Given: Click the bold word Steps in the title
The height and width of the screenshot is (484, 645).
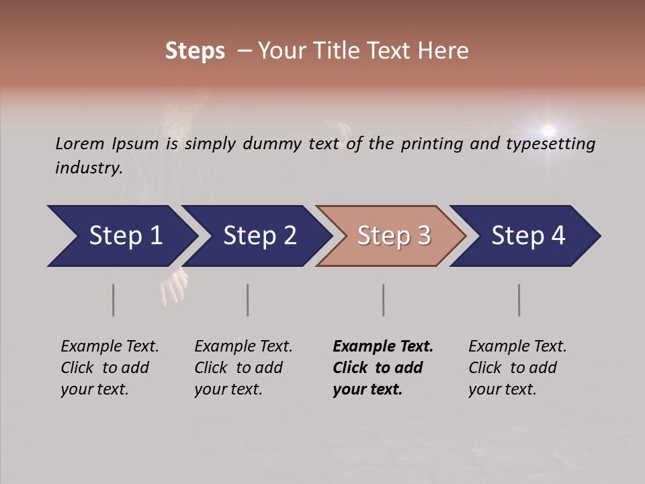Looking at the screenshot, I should point(195,51).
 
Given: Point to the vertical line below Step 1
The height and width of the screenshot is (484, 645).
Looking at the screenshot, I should point(114,300).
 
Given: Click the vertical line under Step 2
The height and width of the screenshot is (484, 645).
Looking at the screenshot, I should point(248,300).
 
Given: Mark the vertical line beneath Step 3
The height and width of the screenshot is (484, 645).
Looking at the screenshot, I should point(384,300).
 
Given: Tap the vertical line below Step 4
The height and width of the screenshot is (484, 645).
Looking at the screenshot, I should point(519,300).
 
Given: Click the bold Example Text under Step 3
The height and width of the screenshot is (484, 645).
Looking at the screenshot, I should point(383,368).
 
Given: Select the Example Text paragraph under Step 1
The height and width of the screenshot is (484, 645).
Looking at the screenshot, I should point(109,368).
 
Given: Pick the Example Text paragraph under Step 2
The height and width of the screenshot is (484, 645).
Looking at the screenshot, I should point(243,368).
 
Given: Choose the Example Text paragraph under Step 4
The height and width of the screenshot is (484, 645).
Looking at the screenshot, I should point(517,368).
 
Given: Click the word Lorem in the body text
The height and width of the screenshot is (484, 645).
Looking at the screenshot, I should point(79,144).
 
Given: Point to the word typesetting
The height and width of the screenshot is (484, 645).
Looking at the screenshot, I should point(555,144).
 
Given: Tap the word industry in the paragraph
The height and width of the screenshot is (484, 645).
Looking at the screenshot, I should point(87,167).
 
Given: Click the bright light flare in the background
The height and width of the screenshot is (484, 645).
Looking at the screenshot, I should point(549,129).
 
